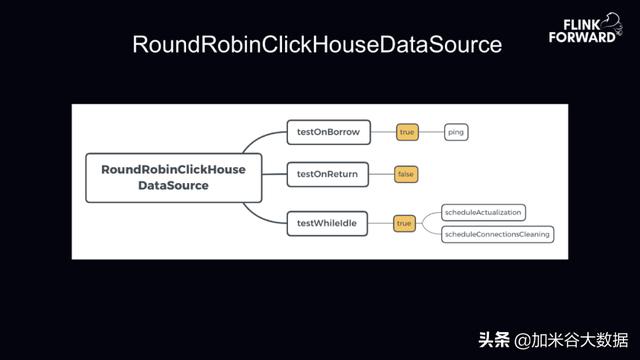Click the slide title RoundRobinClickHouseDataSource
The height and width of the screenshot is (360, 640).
317,46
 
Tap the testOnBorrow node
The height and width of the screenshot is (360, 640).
329,131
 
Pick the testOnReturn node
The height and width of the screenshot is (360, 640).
329,174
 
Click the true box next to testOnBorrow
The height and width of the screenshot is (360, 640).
406,131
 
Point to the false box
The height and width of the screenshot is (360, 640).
405,174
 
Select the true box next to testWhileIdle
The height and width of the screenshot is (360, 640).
404,223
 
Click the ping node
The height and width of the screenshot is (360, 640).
455,131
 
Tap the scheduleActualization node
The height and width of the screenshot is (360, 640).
484,212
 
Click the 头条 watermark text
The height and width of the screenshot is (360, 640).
492,339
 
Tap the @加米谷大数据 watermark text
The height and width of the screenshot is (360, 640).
571,339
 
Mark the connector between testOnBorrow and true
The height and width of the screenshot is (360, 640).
383,131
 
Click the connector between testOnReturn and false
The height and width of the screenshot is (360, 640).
382,174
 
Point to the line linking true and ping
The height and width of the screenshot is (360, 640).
430,131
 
